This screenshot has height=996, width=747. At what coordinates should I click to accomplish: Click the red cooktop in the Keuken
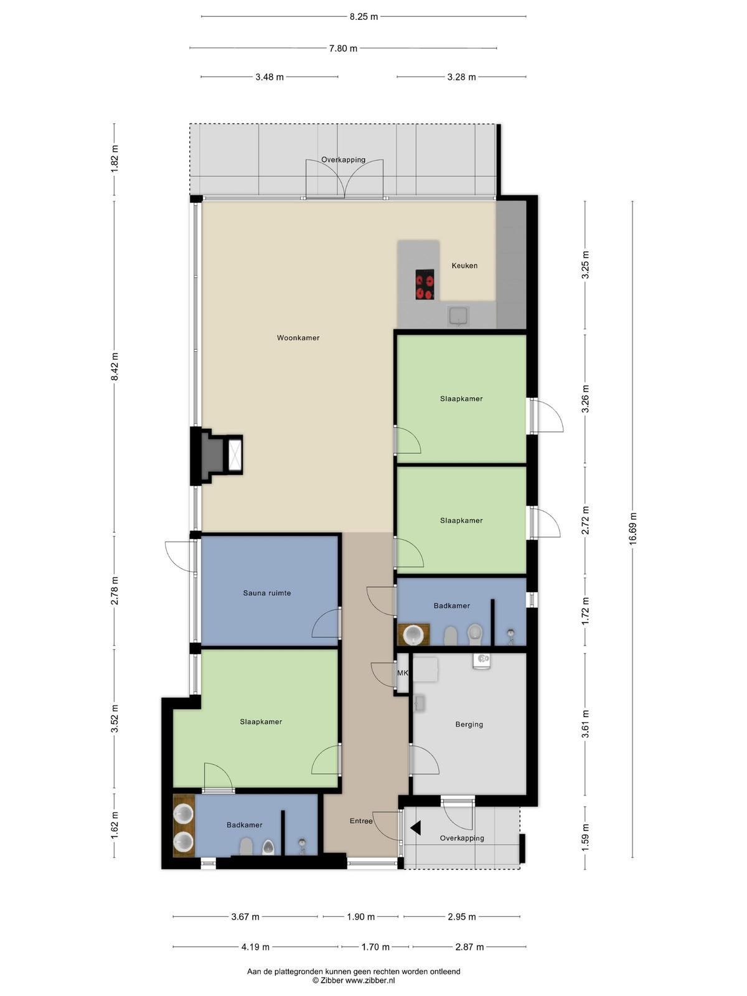point(425,284)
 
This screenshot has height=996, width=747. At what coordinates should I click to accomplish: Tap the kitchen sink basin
point(458,316)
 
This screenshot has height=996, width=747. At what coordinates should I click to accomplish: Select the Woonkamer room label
point(298,337)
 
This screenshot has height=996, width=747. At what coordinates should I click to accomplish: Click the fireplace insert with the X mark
point(235,454)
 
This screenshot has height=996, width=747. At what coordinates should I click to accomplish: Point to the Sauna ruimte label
point(266,593)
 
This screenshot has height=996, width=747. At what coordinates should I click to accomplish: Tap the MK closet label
point(402,673)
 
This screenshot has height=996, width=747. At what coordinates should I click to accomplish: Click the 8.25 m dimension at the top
point(364,17)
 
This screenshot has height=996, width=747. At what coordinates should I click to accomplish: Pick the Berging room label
point(469,725)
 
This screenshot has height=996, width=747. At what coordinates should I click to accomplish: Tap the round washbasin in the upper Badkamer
point(413,634)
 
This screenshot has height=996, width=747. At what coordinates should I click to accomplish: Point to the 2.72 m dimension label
point(585,520)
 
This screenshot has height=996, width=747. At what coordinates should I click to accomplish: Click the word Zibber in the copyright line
point(332,980)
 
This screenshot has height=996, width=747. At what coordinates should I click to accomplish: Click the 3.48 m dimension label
point(270,77)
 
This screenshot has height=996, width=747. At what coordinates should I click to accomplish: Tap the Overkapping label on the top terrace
point(344,160)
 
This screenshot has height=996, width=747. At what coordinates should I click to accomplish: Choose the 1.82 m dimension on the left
point(115,158)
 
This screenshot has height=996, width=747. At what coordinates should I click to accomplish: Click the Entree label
point(361,821)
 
